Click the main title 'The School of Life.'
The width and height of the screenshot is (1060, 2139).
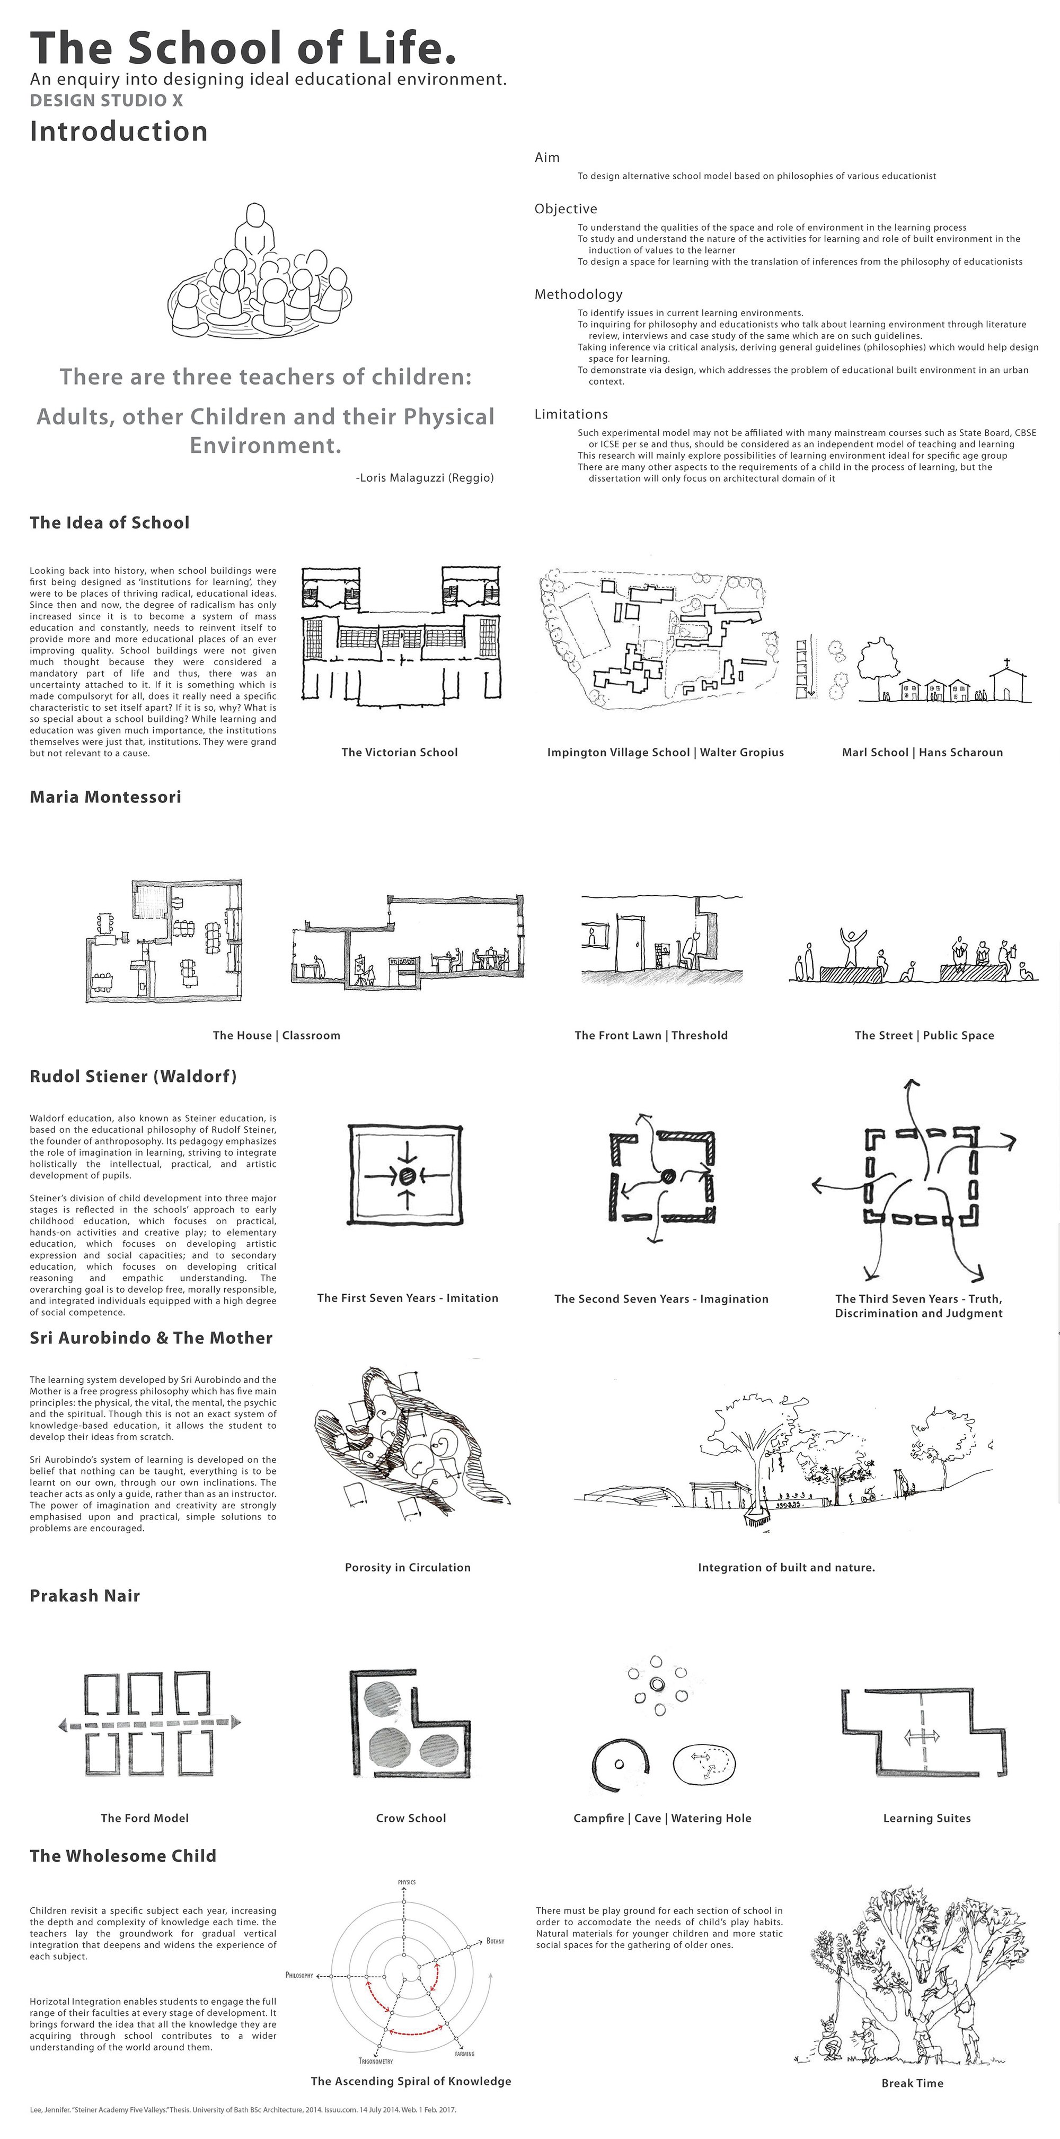[243, 48]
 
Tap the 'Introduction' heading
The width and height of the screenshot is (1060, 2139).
[119, 131]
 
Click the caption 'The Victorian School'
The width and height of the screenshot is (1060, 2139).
[399, 752]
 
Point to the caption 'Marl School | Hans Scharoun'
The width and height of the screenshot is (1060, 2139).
[922, 752]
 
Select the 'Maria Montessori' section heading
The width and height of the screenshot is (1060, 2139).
[105, 797]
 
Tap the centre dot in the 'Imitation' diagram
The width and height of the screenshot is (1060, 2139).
[407, 1176]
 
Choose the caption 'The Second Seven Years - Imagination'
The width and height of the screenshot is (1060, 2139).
[661, 1299]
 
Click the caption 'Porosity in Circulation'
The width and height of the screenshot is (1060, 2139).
[408, 1568]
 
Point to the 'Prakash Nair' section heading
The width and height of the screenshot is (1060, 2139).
[85, 1596]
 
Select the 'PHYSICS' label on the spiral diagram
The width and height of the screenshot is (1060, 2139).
[407, 1882]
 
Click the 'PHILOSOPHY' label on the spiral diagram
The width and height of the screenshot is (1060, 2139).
[299, 1976]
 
